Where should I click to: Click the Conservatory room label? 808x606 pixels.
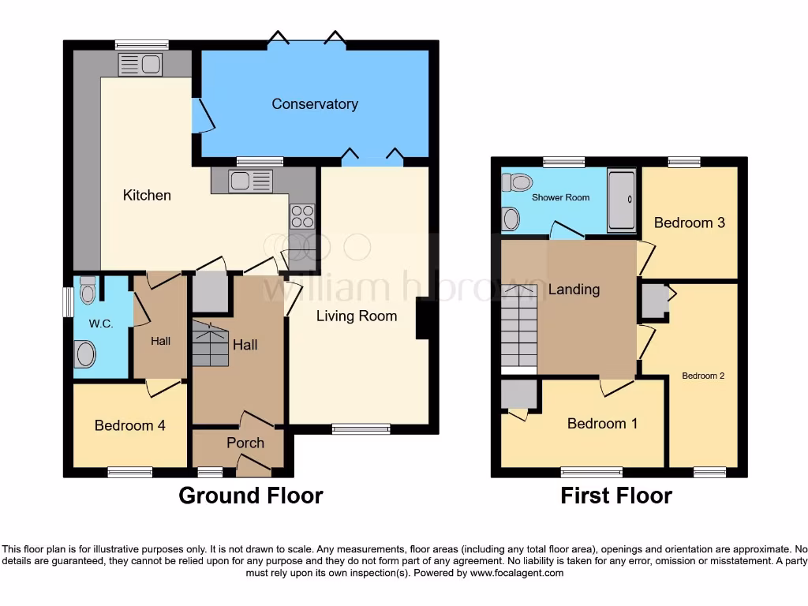tap(315, 104)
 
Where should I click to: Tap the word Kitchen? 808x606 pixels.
tap(147, 195)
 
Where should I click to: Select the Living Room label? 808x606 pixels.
tap(356, 316)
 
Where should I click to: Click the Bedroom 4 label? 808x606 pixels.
tap(129, 425)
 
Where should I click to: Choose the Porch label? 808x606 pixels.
tap(245, 443)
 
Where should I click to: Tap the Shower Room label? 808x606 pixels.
tap(560, 197)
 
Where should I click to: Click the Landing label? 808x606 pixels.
tap(574, 290)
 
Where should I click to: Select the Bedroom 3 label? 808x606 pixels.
tap(689, 223)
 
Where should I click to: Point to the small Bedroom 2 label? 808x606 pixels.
tap(703, 376)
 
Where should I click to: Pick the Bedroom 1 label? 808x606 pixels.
tap(602, 424)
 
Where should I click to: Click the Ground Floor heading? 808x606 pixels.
tap(250, 496)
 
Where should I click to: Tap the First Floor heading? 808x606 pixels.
tap(615, 496)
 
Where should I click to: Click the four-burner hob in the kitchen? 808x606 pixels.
tap(301, 216)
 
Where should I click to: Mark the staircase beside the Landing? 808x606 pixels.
tap(518, 327)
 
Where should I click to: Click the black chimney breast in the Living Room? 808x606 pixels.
tap(422, 318)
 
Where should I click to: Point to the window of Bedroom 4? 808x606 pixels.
tap(129, 472)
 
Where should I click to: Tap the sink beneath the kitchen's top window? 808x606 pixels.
tap(140, 65)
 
